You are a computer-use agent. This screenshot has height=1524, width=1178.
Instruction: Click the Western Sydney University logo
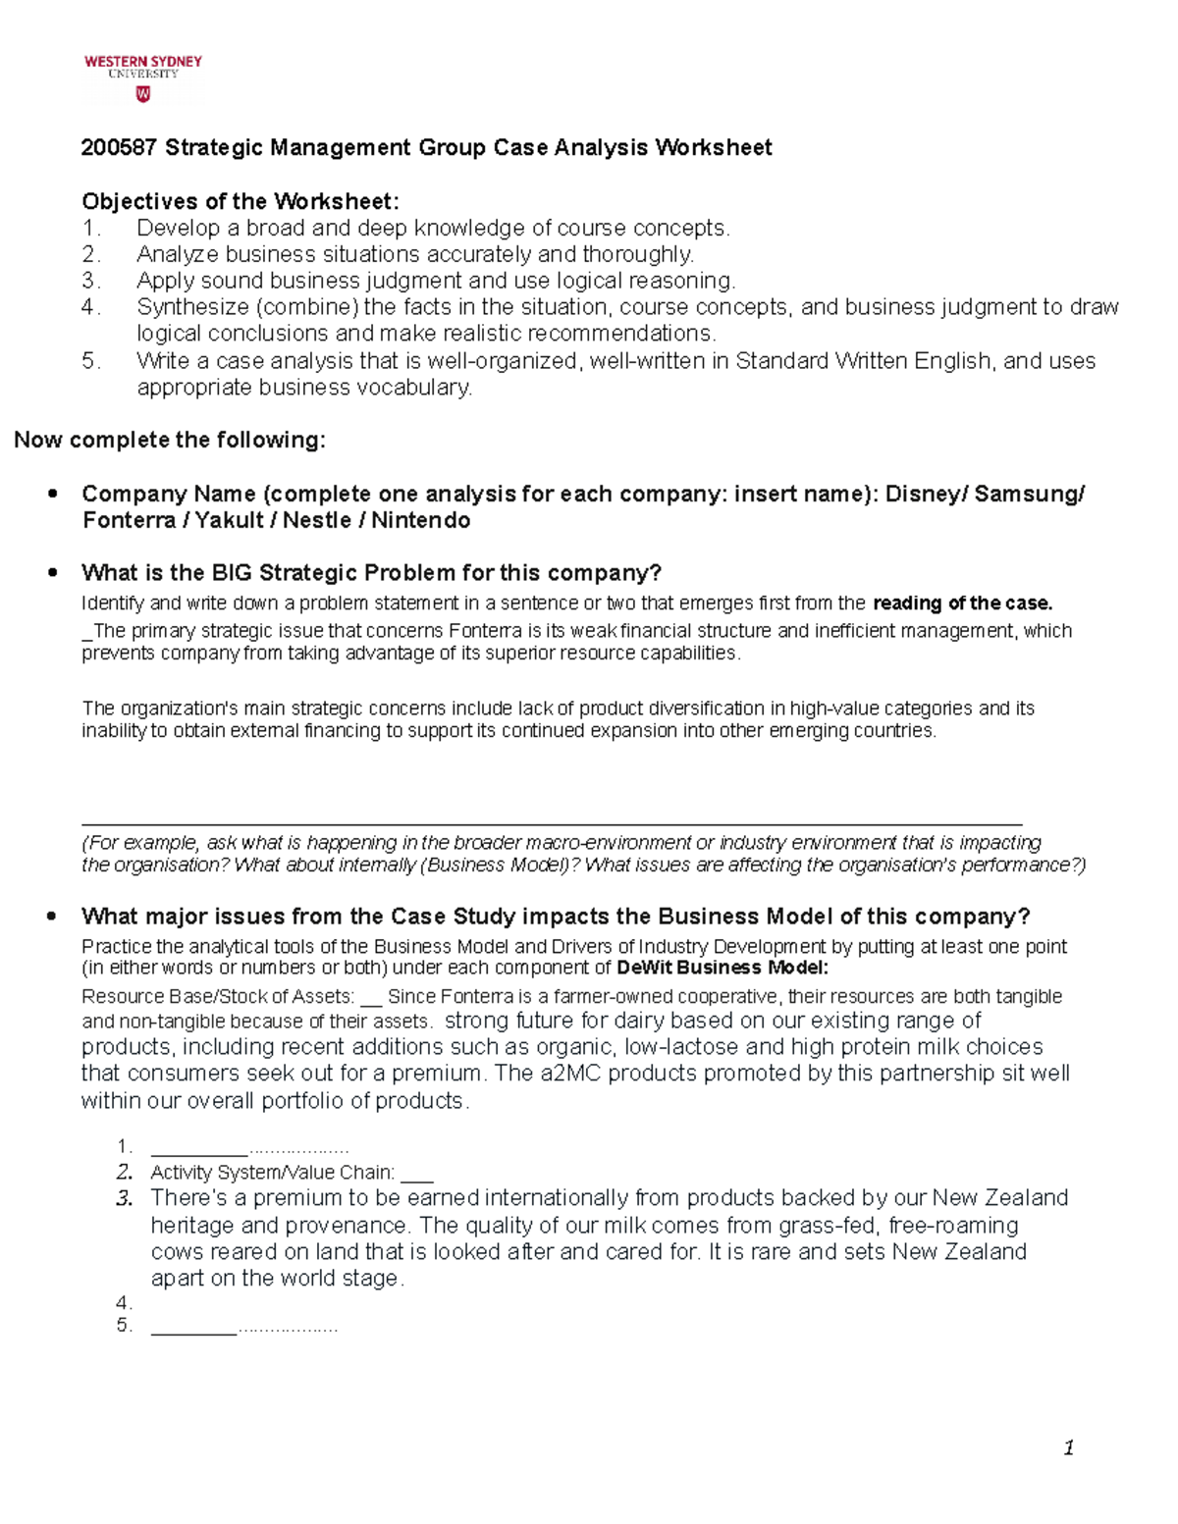pos(143,78)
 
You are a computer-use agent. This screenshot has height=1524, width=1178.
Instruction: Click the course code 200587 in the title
pos(119,148)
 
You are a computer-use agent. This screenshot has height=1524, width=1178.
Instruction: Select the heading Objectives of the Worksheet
pos(241,202)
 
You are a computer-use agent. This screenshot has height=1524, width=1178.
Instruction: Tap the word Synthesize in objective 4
pos(192,308)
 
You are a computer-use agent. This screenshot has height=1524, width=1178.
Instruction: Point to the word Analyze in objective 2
pos(177,255)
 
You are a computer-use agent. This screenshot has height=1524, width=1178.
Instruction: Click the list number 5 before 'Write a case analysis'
pos(91,361)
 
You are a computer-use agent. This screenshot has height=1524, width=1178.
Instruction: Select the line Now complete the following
pos(169,441)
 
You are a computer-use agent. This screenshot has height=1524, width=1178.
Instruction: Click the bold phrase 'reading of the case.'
pos(962,604)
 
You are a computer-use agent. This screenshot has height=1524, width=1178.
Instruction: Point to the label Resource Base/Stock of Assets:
pos(218,997)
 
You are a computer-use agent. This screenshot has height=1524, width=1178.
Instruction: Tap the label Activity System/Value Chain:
pos(272,1173)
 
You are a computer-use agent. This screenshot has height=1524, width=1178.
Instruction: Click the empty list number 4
pos(124,1304)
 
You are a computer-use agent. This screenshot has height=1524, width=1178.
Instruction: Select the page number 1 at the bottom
pos(1068,1448)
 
